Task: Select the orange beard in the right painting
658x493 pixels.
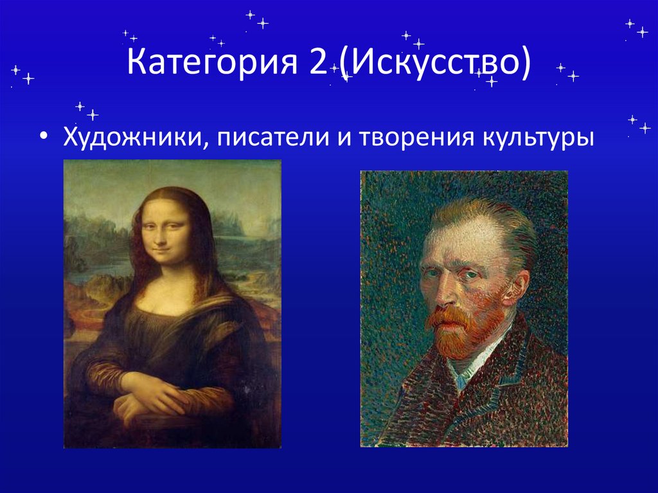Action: click(459, 331)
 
